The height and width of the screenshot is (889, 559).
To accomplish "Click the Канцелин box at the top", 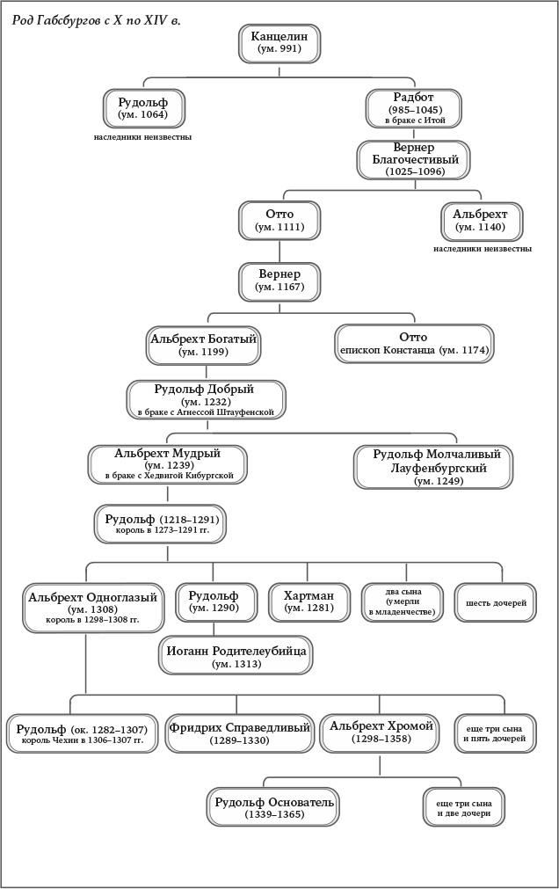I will (279, 43).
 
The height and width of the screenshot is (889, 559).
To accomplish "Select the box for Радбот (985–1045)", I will (413, 108).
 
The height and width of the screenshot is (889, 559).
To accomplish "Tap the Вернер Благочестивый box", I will (413, 159).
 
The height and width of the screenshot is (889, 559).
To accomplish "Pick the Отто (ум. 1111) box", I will (279, 220).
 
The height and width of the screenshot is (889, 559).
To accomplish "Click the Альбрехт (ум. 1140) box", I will (481, 221).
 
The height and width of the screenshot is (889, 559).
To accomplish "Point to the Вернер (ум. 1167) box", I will (279, 281).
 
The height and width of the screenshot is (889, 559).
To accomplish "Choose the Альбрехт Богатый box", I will (203, 344).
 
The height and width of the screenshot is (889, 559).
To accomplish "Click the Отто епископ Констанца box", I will (413, 344).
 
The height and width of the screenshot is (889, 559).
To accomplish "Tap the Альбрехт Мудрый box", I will (167, 464).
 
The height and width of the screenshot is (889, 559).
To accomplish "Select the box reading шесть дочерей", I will (495, 603).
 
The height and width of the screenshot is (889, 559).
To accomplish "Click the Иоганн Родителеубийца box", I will (236, 656).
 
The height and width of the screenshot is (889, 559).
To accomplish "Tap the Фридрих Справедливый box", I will (239, 733).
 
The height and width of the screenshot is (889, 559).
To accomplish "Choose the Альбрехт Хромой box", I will (381, 732).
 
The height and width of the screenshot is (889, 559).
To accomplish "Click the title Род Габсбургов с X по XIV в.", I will (98, 19).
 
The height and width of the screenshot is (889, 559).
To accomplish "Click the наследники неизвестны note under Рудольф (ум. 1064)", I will (142, 137).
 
